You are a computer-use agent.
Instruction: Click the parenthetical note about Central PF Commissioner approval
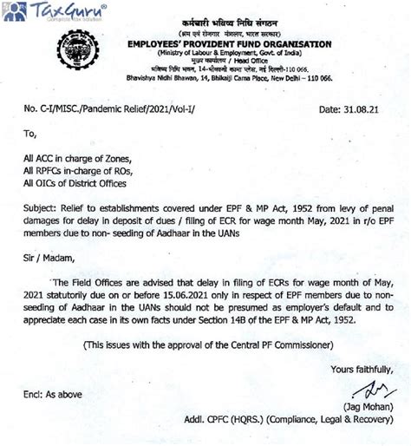tap(208, 344)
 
